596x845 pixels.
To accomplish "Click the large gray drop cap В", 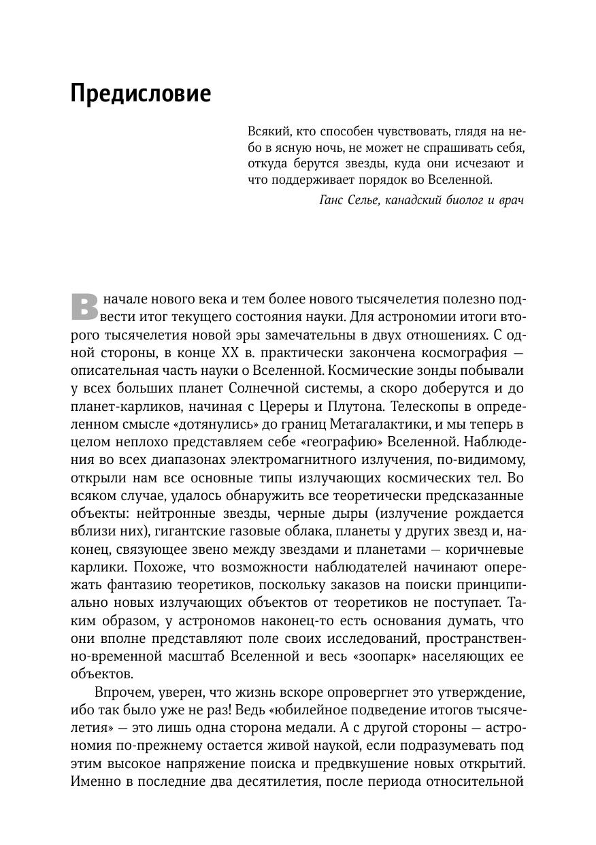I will pyautogui.click(x=84, y=306).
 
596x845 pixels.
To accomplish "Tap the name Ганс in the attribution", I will pyautogui.click(x=334, y=201).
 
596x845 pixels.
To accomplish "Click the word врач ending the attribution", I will pyautogui.click(x=512, y=201).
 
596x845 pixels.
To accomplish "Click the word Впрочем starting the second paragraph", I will pyautogui.click(x=120, y=692).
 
